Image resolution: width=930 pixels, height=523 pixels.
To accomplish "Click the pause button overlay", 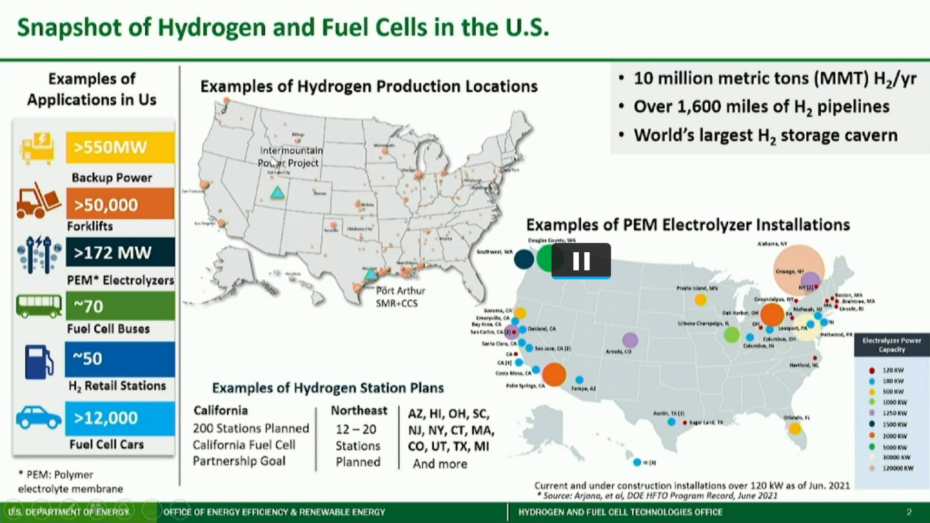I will (581, 261).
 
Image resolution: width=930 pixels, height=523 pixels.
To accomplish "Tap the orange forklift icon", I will (38, 201).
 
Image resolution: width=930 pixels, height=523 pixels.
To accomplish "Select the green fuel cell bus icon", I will (39, 306).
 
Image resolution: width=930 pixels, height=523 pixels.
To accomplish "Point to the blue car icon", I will (39, 417).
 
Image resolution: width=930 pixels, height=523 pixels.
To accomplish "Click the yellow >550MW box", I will (120, 148).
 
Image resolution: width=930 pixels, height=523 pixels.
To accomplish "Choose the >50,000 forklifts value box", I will (120, 204).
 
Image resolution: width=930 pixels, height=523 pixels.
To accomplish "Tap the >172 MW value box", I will (120, 252).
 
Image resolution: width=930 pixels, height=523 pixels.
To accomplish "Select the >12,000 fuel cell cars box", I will (120, 418).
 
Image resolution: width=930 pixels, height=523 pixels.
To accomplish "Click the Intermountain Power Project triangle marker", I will (278, 193).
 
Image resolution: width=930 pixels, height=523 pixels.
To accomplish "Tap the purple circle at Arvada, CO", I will (630, 340).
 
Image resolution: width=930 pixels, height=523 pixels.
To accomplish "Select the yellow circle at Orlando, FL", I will (795, 429).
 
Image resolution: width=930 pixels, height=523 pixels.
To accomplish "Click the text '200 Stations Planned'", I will (251, 428).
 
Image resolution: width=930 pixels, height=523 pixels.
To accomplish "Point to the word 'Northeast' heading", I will (359, 410).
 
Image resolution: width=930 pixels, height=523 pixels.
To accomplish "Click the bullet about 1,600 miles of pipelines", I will (761, 107).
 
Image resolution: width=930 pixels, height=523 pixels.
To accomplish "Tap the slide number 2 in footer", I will (909, 512).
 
